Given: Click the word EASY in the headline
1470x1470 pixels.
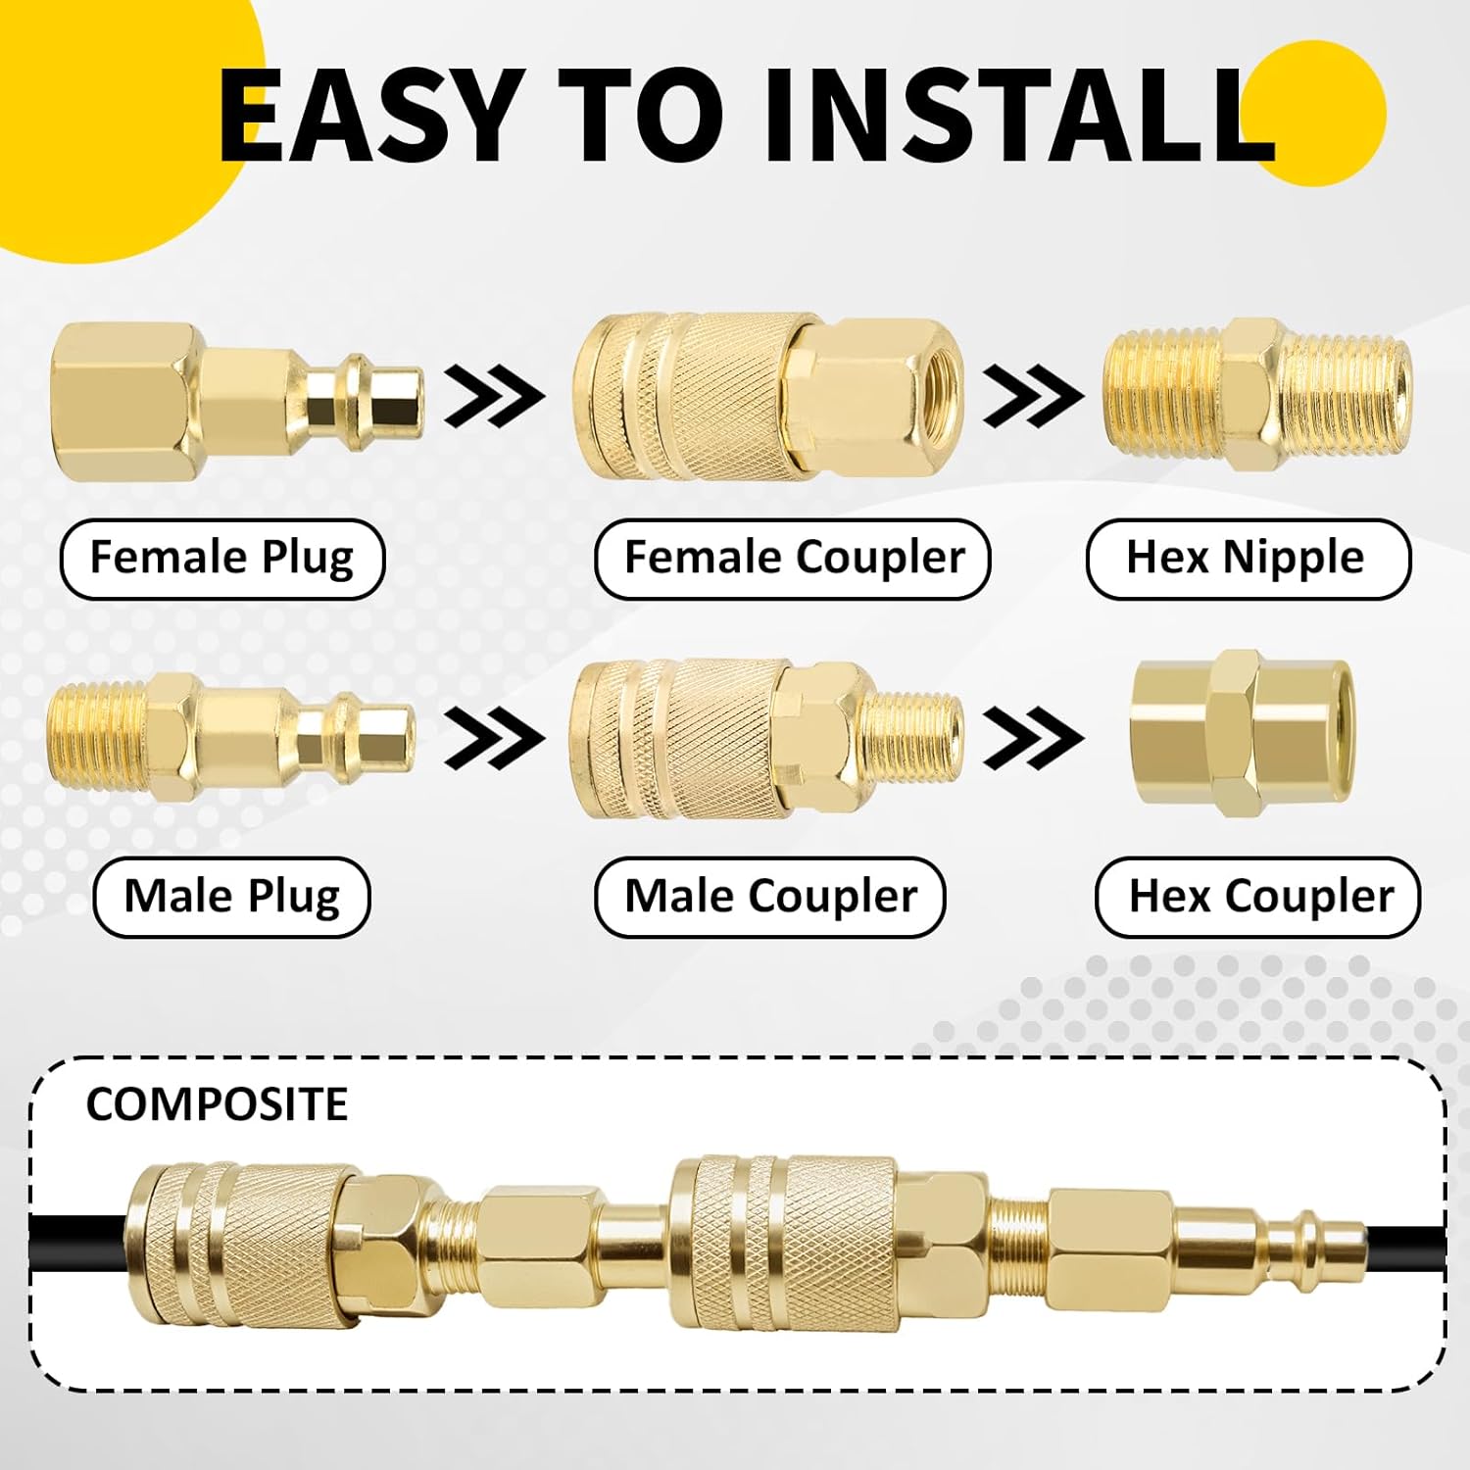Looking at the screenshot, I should point(367,116).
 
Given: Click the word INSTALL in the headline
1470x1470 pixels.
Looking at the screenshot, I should point(1019,116).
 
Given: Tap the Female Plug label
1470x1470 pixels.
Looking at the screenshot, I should point(222,559).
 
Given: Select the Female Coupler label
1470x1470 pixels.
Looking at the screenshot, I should point(793,559).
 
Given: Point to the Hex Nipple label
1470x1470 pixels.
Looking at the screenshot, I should point(1248,559).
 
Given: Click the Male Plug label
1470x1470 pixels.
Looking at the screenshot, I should point(232,897).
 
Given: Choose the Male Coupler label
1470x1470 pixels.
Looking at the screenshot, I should point(770,897).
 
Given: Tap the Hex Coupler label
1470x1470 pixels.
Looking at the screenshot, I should point(1258,897).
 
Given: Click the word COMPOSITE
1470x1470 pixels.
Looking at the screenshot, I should point(217,1104).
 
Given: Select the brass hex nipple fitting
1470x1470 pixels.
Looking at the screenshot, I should point(1257,394).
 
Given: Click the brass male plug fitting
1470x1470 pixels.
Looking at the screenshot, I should point(231,737).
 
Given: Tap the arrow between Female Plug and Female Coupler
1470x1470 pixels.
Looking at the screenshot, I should point(494,396).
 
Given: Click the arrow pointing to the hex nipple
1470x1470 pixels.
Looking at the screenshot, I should point(1033,396).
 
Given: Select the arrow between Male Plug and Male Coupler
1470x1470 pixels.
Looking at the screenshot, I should point(494,737).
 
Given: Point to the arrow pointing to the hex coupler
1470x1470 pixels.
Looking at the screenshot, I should point(1033,737).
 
